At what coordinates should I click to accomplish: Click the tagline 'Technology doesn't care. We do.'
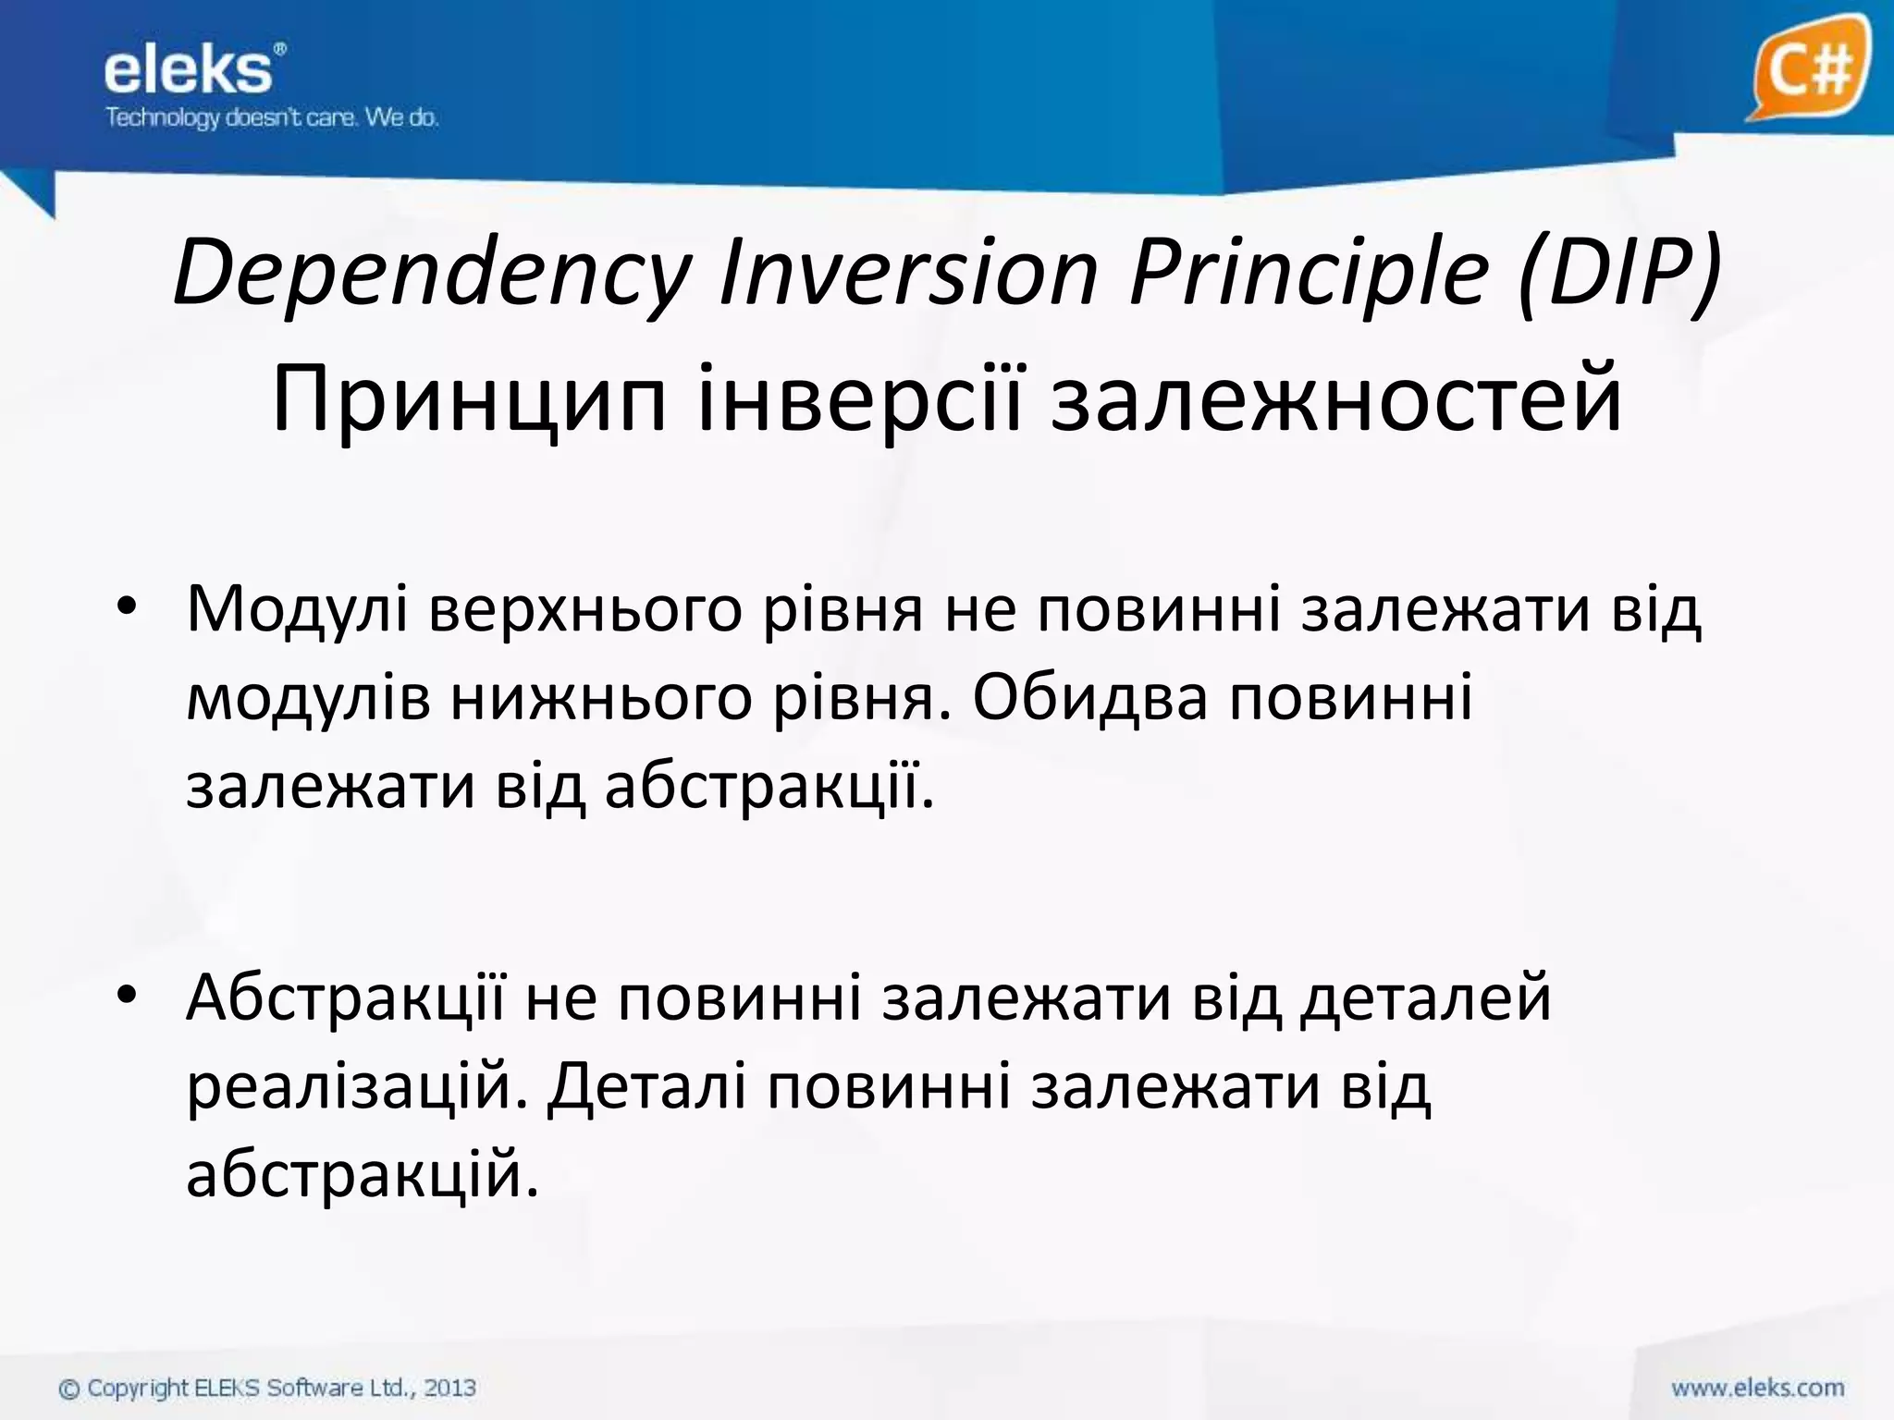[x=271, y=118]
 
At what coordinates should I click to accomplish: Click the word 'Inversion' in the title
[x=908, y=273]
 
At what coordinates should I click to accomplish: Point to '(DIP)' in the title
[x=1619, y=273]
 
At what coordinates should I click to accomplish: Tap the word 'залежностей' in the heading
[x=1336, y=399]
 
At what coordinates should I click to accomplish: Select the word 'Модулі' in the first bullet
[x=297, y=610]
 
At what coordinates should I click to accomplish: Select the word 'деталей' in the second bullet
[x=1425, y=998]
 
